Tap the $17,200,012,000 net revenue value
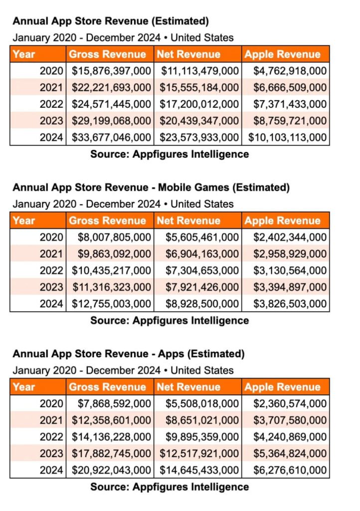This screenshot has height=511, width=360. coord(199,104)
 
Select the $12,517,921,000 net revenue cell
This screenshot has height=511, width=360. coord(199,453)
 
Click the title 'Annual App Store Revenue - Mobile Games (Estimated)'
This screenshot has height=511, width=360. coord(151,188)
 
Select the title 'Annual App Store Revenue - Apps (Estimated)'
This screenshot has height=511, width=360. coord(129,354)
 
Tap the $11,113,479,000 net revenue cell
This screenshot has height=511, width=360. coord(199,71)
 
